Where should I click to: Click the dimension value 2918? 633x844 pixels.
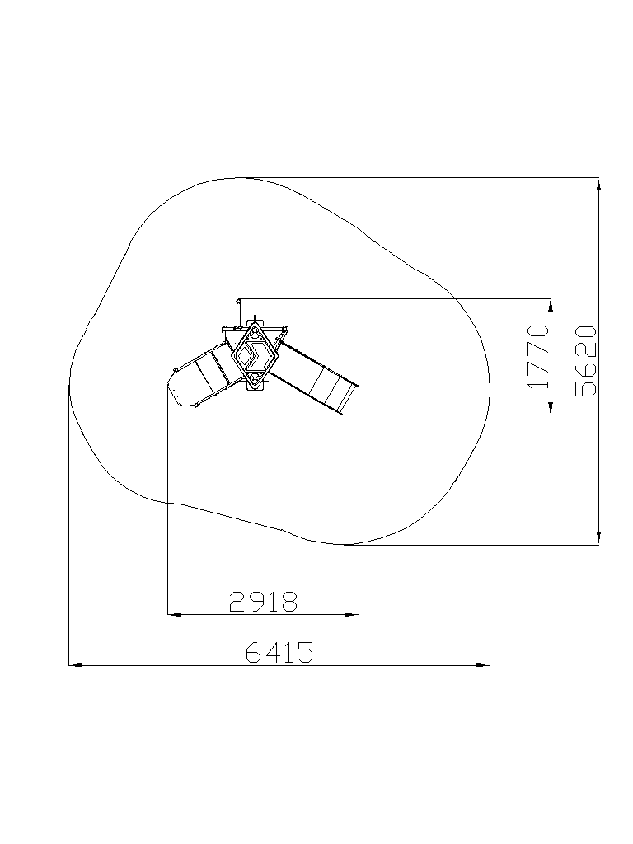point(263,601)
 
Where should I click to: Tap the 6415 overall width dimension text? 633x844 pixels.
point(279,652)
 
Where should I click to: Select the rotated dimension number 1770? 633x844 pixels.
point(539,356)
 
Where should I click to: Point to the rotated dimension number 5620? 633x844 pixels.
point(586,361)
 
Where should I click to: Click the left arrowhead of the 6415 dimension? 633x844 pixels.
point(75,665)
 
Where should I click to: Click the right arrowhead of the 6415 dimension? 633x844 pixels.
point(483,665)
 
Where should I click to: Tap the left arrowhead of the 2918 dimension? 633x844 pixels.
point(175,614)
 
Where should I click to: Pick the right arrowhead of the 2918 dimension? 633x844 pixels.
point(352,614)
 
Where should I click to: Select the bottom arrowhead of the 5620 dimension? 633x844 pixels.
point(598,537)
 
